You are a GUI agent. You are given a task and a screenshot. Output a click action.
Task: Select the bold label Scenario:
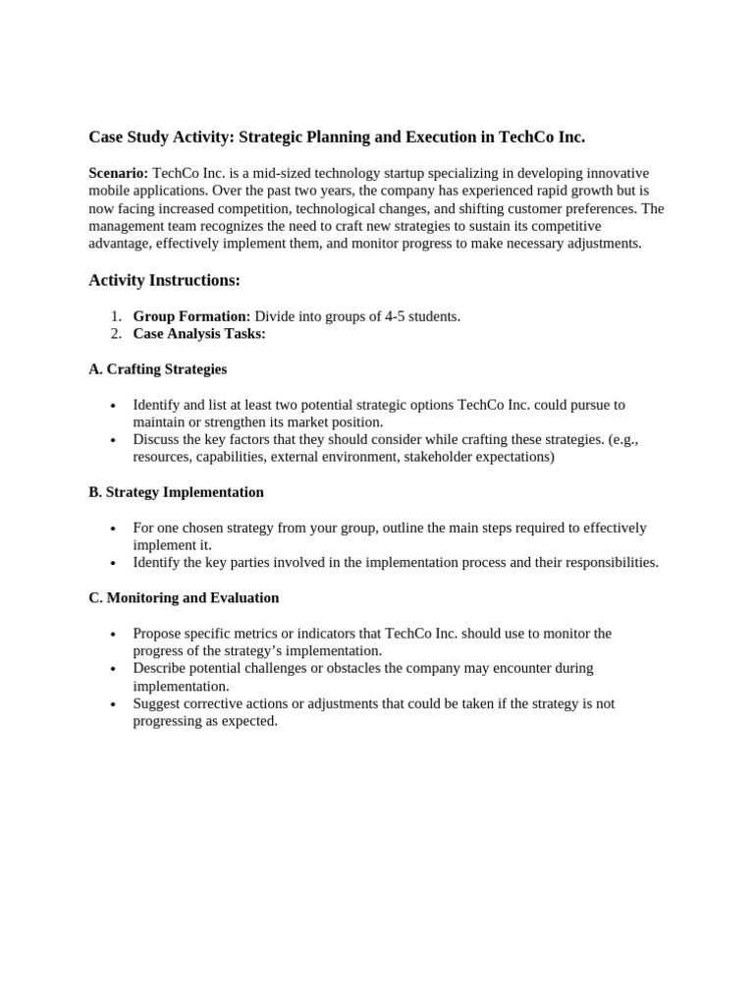click(x=119, y=173)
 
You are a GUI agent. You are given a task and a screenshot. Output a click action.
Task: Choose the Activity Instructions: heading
click(x=164, y=280)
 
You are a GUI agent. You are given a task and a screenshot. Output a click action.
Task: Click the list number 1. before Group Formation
click(x=116, y=316)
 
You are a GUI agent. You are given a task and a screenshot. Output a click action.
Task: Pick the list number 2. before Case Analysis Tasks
click(x=116, y=334)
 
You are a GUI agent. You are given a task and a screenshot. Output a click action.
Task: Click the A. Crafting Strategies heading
click(x=157, y=369)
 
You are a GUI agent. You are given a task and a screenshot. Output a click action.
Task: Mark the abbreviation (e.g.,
click(x=618, y=439)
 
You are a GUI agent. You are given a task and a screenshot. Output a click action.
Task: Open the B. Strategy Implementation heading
click(x=176, y=491)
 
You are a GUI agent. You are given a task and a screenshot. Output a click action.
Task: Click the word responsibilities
click(x=607, y=562)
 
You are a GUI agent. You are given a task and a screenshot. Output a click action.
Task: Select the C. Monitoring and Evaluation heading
click(x=184, y=597)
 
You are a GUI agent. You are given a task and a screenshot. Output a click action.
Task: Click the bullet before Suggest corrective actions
click(x=114, y=704)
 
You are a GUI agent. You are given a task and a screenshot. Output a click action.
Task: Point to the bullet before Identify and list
click(x=114, y=406)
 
